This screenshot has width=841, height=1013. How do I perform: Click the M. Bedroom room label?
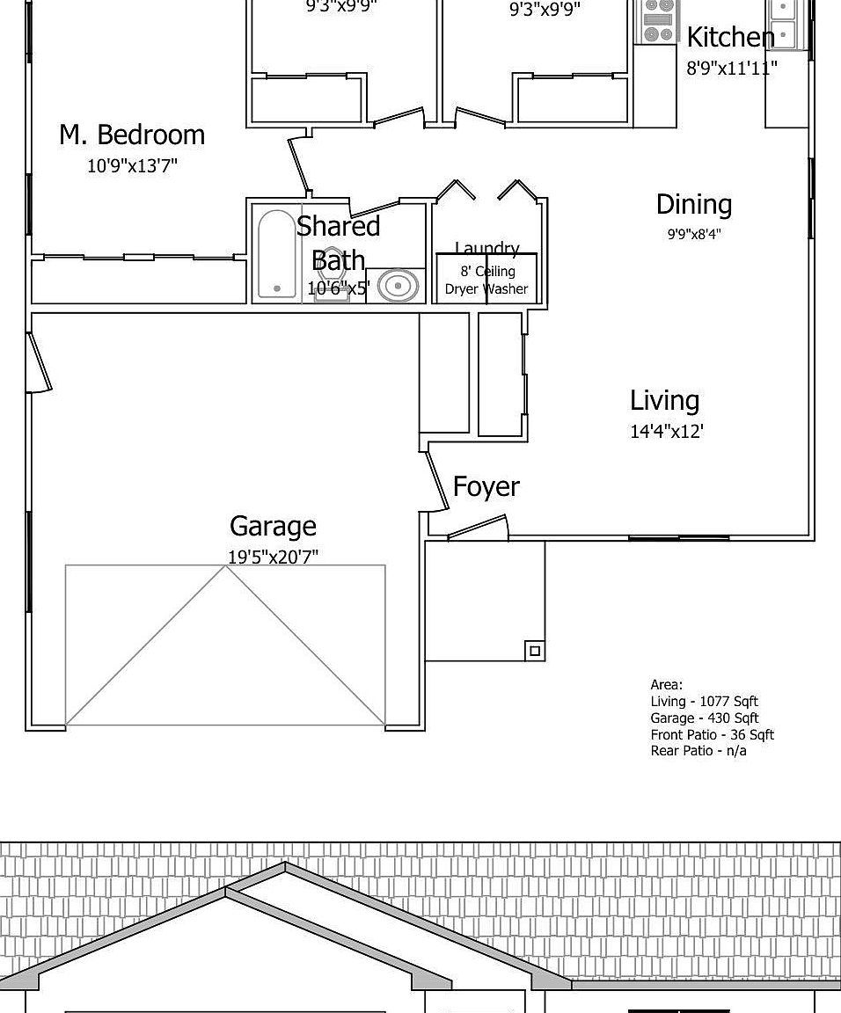pos(132,135)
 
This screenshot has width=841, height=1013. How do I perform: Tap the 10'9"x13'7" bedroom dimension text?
pos(132,165)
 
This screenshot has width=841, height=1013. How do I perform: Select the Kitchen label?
pos(730,37)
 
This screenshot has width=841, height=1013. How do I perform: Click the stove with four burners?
pos(655,21)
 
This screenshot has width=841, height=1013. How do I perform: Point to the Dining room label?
pos(693,205)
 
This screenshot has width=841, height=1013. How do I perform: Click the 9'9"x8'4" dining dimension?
pos(693,234)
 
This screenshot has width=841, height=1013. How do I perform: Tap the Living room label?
pos(664,401)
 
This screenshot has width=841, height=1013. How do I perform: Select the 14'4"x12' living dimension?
pos(667,432)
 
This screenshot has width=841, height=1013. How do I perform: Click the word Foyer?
pos(486,486)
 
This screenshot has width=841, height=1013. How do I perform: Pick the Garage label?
pos(273,527)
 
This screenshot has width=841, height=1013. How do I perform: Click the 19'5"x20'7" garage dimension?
pos(273,556)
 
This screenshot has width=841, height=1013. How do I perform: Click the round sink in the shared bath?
pos(399,286)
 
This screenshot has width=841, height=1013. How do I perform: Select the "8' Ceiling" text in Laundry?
pos(487,271)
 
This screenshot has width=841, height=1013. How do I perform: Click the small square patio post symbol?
pos(534,651)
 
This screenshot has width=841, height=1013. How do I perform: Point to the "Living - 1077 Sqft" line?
pos(704,701)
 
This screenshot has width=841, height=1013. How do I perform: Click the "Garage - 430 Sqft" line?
pos(704,718)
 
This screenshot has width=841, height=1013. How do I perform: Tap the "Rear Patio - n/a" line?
pos(698,750)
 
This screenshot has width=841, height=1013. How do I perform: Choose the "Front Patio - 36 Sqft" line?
pos(712,734)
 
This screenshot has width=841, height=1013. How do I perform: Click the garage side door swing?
pos(39,363)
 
